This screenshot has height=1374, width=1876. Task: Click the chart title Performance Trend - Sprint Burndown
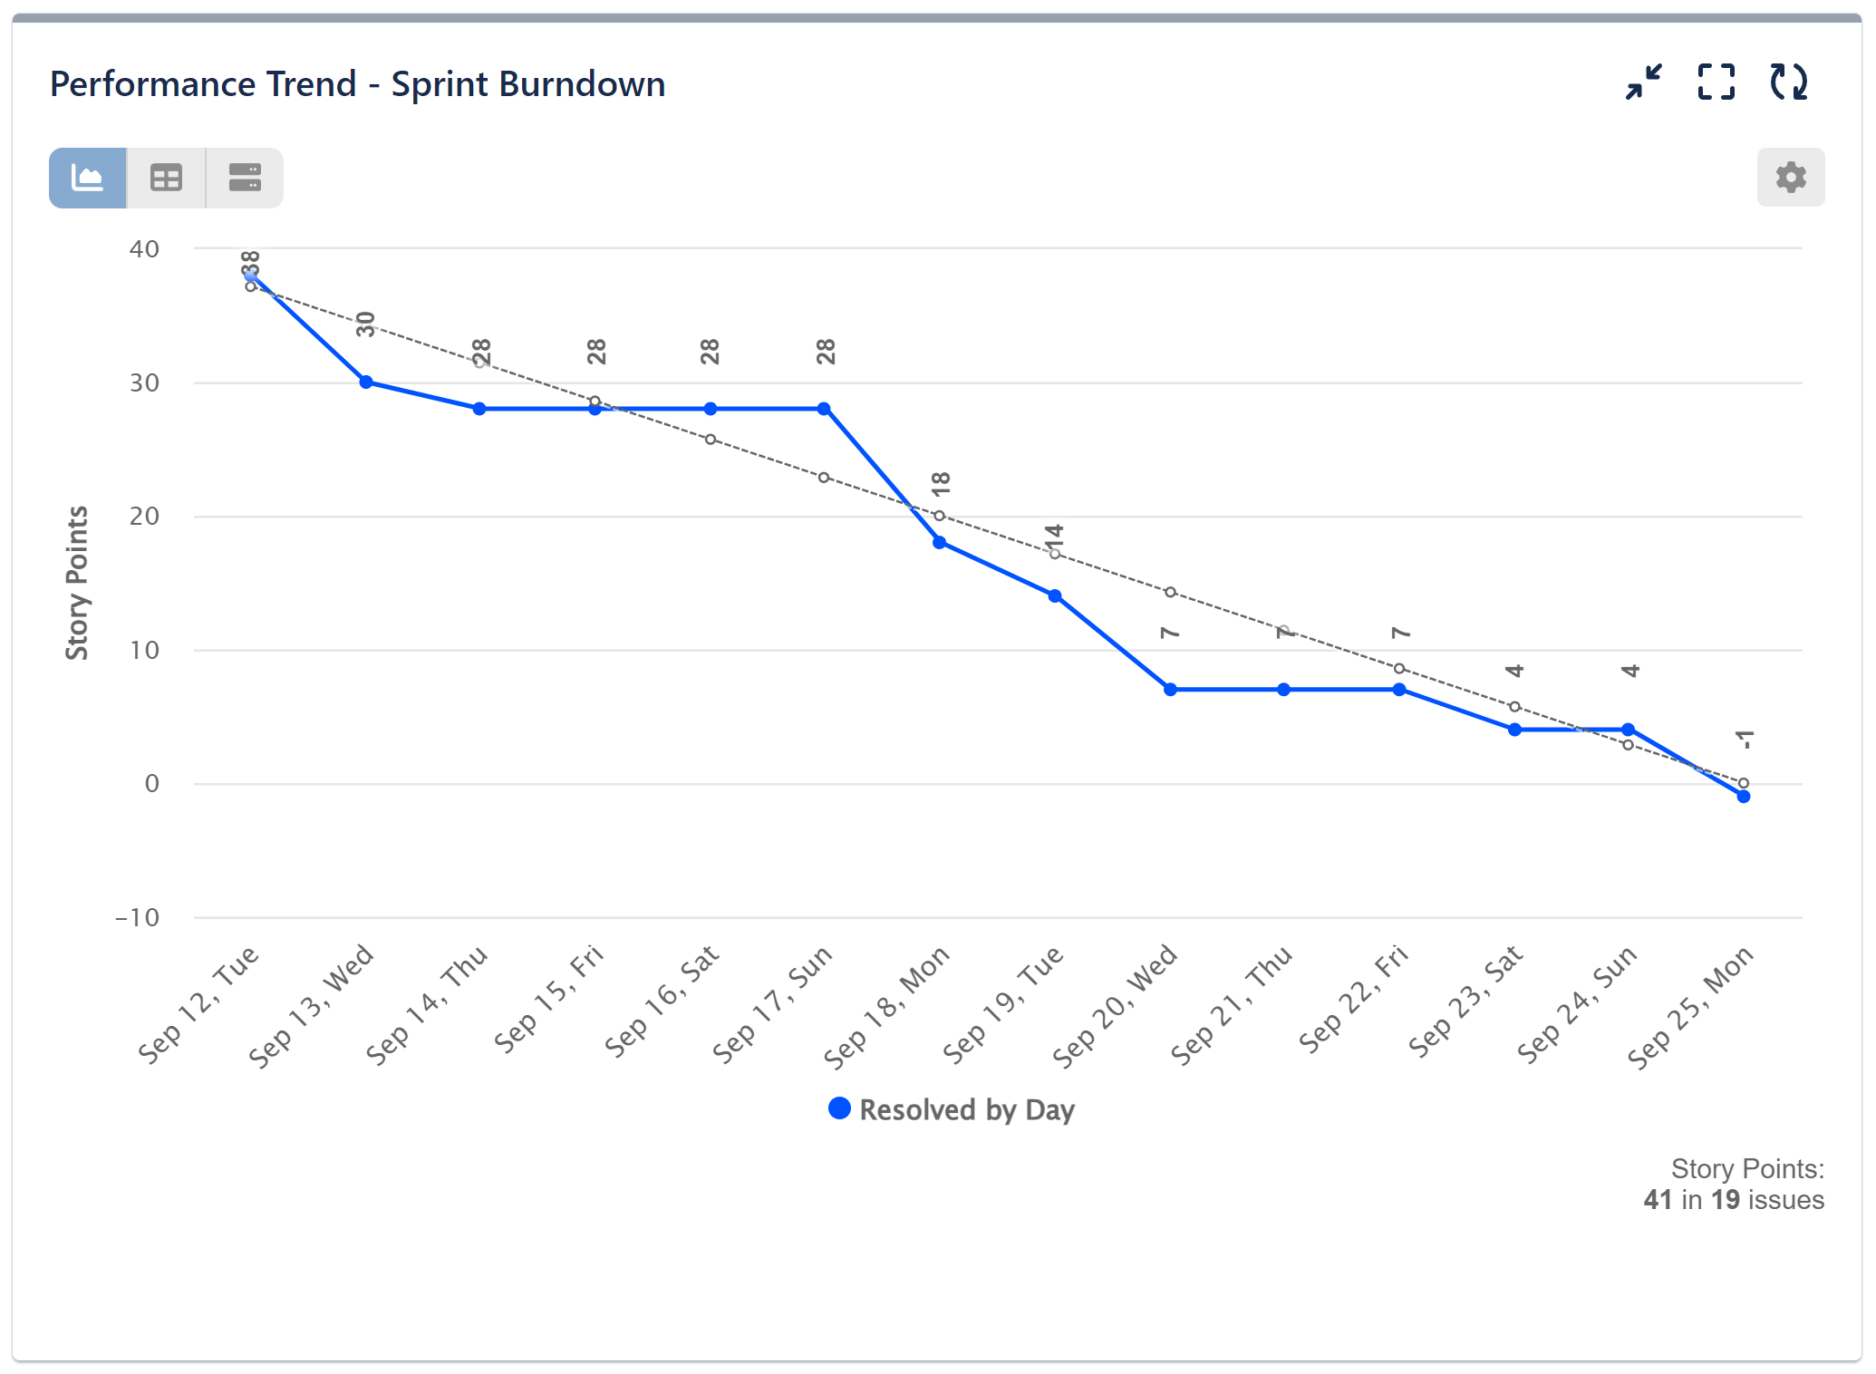click(x=357, y=84)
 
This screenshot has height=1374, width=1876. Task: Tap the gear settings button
click(x=1790, y=177)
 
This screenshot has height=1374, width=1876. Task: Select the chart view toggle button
click(x=88, y=178)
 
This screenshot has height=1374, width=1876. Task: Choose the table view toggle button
click(x=166, y=178)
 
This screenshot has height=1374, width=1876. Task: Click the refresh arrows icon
click(x=1788, y=82)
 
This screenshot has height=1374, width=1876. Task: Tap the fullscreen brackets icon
click(x=1716, y=82)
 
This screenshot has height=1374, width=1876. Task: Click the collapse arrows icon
click(x=1643, y=82)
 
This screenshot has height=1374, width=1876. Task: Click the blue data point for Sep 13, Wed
click(x=366, y=382)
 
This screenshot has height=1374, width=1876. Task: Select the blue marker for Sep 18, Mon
click(x=940, y=543)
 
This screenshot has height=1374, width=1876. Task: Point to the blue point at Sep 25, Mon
click(x=1744, y=797)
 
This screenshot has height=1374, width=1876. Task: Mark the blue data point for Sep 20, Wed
click(x=1170, y=690)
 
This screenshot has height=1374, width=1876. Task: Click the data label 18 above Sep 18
click(x=942, y=483)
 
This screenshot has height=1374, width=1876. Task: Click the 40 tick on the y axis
click(x=144, y=249)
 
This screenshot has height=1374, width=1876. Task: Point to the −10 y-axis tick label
click(x=137, y=918)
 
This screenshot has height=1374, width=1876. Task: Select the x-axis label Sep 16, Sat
click(x=662, y=1001)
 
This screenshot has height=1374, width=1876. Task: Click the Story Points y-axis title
click(x=78, y=583)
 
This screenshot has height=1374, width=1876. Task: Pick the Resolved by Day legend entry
click(x=952, y=1110)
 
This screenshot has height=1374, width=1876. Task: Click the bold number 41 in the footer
click(x=1658, y=1200)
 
